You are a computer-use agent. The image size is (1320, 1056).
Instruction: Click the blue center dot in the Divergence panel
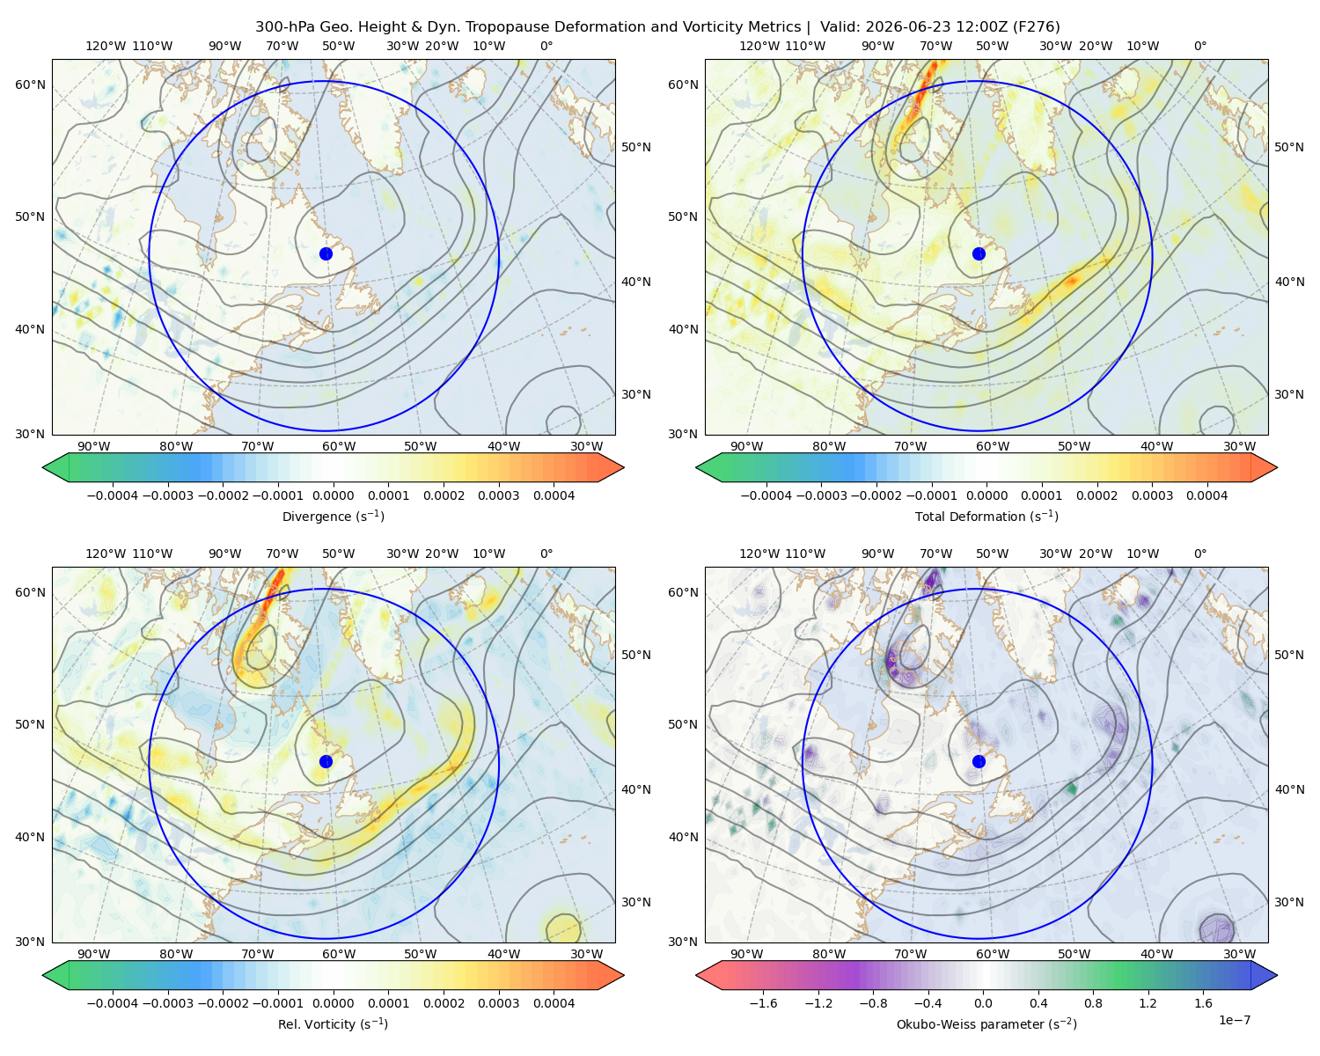click(326, 253)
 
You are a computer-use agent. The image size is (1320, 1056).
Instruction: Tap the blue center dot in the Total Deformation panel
click(979, 253)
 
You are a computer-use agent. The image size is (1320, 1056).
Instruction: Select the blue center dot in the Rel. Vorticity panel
click(326, 761)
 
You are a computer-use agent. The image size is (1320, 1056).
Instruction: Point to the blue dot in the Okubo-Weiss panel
click(979, 761)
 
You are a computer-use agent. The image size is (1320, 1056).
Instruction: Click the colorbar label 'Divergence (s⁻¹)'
click(333, 516)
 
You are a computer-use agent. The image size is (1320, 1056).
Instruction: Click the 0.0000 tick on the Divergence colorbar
click(333, 495)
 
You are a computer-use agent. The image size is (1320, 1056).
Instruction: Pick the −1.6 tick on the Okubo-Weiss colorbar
click(763, 1002)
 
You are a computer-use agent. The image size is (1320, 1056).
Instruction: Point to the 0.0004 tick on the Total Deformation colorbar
click(1206, 495)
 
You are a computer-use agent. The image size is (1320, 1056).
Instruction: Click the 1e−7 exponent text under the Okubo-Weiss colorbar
click(1234, 1020)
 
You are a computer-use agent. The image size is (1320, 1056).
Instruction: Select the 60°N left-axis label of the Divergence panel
click(30, 84)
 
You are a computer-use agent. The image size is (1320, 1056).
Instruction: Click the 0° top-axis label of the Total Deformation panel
click(1199, 46)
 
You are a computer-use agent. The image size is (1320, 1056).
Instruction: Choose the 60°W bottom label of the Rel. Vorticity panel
click(339, 954)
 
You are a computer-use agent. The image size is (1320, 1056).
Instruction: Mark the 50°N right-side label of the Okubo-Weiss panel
click(1289, 654)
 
